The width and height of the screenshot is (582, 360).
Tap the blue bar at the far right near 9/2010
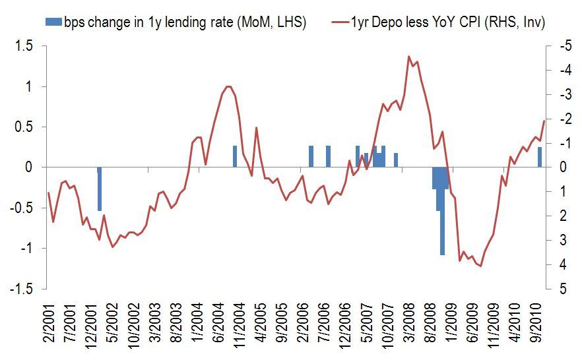point(540,157)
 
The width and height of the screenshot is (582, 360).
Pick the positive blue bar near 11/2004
point(235,157)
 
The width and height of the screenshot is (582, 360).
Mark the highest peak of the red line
point(409,57)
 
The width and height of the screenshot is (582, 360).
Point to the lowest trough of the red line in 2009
point(481,266)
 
